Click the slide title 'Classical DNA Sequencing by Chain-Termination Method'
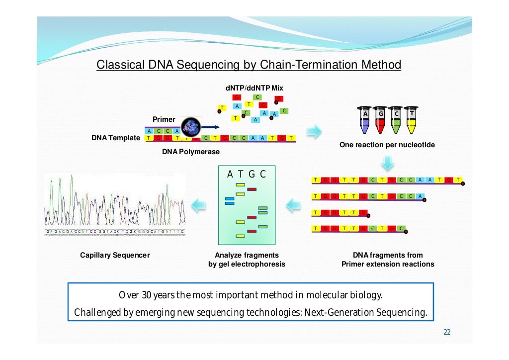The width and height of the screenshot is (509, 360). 249,65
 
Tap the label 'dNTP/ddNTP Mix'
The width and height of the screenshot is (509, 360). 254,88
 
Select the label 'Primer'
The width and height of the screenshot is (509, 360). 164,119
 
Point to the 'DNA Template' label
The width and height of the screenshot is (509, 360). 116,138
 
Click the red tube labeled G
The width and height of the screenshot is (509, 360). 381,120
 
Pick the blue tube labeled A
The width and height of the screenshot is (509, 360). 365,120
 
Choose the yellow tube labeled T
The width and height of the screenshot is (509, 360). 411,120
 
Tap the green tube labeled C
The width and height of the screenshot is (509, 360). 396,120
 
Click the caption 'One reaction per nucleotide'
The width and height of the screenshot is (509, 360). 387,145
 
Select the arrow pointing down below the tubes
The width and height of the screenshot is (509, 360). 388,163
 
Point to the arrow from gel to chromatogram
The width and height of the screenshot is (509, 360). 199,204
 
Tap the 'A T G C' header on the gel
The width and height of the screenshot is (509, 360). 247,174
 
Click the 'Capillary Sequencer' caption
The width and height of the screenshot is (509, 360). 115,255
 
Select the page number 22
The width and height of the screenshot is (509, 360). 447,332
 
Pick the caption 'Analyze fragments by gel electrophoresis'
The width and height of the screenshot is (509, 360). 247,260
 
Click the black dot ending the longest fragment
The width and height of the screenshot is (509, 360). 462,183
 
